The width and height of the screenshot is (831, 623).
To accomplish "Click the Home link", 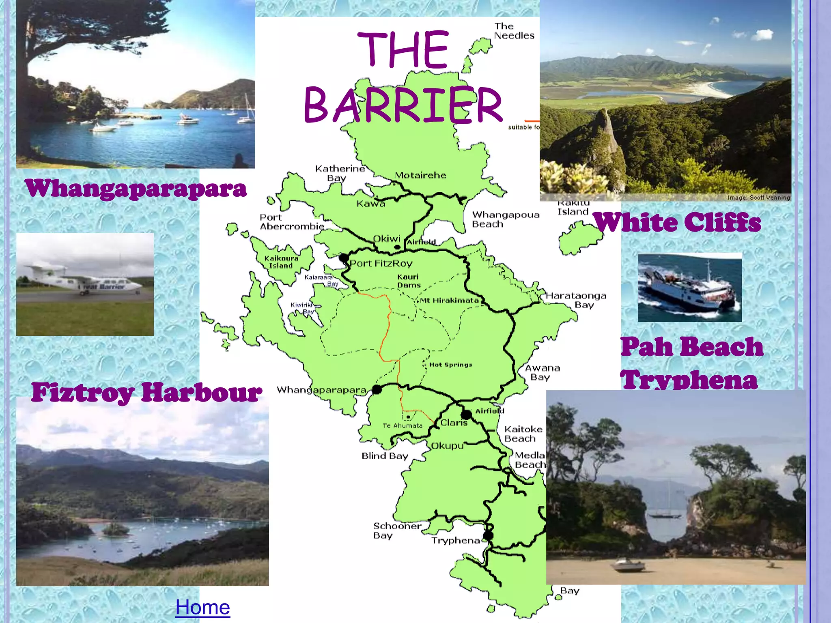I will tap(202, 607).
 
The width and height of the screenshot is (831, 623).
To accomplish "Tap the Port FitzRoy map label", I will tap(381, 264).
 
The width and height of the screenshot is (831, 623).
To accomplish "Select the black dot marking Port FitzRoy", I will tap(344, 258).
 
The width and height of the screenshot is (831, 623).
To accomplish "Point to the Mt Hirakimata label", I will tap(449, 301).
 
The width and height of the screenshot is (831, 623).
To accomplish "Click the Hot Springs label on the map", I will tap(450, 365).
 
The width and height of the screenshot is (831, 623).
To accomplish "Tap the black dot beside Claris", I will tap(467, 415).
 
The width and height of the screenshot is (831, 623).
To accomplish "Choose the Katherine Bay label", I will tap(340, 173).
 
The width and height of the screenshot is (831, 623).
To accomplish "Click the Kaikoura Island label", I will tap(281, 262).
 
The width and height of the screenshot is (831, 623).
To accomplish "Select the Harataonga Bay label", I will tap(576, 300).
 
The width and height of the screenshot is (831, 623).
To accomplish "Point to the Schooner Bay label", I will tap(396, 531).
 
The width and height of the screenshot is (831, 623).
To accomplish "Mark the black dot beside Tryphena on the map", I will tap(488, 535).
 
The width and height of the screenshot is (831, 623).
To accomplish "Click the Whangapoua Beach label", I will tap(506, 219).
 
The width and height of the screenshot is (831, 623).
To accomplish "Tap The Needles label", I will tap(514, 31).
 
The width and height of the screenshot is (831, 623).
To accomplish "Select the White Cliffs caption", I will tap(677, 222).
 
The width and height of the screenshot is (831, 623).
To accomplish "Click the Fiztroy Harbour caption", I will tap(146, 392).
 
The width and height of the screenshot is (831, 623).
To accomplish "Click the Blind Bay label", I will tap(385, 456).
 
